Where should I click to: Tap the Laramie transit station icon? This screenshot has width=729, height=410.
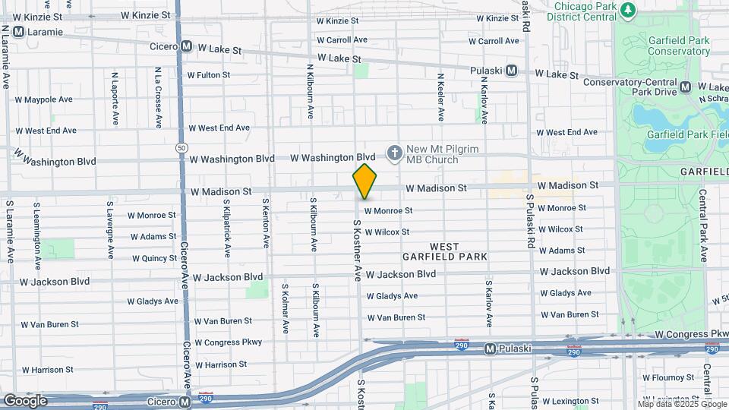pos(18,32)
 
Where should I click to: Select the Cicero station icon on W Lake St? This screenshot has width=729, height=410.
pos(186,47)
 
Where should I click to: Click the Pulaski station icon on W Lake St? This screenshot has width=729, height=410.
pos(511,71)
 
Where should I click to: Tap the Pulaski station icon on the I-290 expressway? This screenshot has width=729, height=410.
pos(491,349)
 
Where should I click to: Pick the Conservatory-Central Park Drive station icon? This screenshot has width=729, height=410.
pos(686,87)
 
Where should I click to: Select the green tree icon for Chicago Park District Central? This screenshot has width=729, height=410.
pos(627,10)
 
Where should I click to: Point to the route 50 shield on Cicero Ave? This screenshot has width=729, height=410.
pos(180,147)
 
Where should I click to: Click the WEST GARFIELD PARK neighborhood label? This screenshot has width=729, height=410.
pos(445,251)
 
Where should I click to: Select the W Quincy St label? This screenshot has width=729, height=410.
pos(153,258)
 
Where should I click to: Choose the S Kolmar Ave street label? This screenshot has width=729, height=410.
pos(286,309)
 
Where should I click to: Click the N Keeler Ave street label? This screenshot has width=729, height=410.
pos(440,97)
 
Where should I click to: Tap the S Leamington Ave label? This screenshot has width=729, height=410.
pos(36,236)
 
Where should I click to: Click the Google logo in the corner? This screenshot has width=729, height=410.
pos(25,400)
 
